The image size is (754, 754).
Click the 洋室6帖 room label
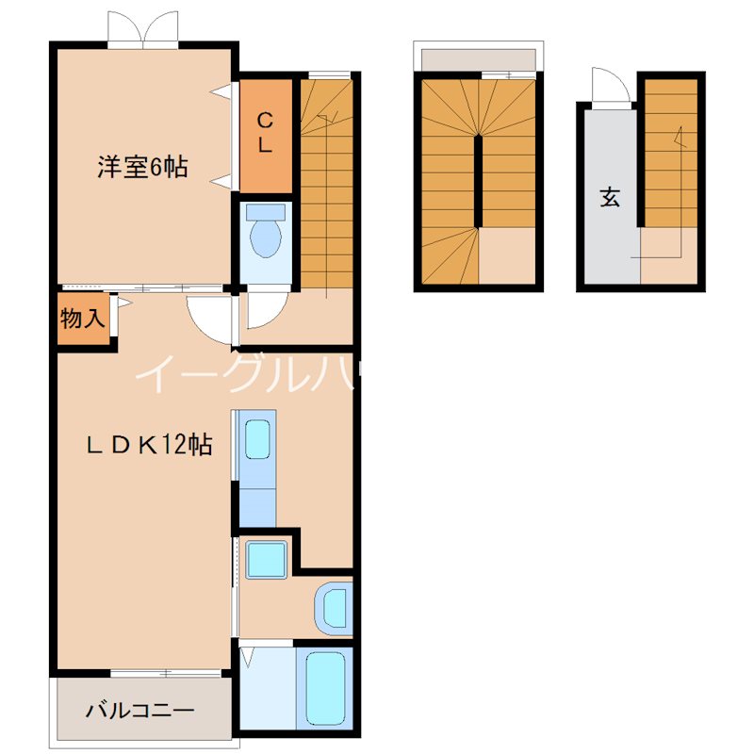coord(141,168)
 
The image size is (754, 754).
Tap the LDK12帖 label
coord(149,445)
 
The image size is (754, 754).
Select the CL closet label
coord(266,133)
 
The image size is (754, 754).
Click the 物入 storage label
coord(82,318)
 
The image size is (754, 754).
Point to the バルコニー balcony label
coord(141,710)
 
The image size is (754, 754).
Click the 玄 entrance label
coord(610,198)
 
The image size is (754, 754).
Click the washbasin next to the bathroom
coord(333,609)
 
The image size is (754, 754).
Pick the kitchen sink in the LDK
coord(256,438)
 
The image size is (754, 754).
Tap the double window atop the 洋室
coord(142,29)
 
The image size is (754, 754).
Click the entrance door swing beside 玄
coord(609,87)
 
